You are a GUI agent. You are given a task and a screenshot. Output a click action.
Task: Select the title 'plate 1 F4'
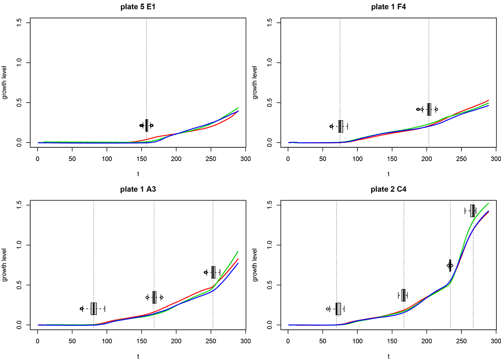point(388,7)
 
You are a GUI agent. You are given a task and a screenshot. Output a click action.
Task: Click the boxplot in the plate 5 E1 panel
point(146,125)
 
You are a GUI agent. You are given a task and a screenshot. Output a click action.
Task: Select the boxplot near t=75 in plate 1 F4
point(341,126)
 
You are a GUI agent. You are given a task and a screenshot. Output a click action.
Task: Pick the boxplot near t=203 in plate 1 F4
point(429,109)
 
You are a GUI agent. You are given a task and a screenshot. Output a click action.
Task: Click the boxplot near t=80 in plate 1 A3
point(94,309)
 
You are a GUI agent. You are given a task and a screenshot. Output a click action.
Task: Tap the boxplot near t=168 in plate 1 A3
point(154,297)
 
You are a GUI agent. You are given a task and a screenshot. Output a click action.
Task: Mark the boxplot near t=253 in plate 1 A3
point(213,272)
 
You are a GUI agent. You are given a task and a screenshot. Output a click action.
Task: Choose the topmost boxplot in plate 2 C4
point(472,211)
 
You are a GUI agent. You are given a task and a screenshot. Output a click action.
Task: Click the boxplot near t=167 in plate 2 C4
point(404,295)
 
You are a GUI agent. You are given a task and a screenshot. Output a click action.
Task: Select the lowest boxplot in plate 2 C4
point(338,309)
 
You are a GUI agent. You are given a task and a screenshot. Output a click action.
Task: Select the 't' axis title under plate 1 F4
point(388,174)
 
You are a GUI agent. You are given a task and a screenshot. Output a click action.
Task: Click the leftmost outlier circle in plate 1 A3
point(81,309)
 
